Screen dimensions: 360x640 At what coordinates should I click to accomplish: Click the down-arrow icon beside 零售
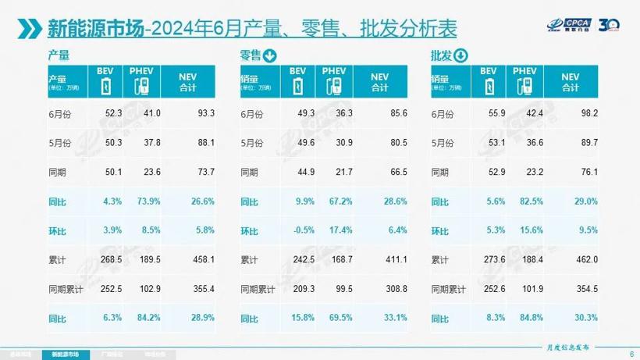click(x=270, y=55)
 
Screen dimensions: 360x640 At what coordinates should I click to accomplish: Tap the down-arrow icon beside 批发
click(x=460, y=55)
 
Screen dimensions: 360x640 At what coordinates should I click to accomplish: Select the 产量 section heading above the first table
click(x=59, y=56)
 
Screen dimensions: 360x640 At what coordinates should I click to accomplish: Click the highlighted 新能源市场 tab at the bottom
click(x=66, y=353)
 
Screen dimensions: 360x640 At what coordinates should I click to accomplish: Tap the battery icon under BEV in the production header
click(x=105, y=85)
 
